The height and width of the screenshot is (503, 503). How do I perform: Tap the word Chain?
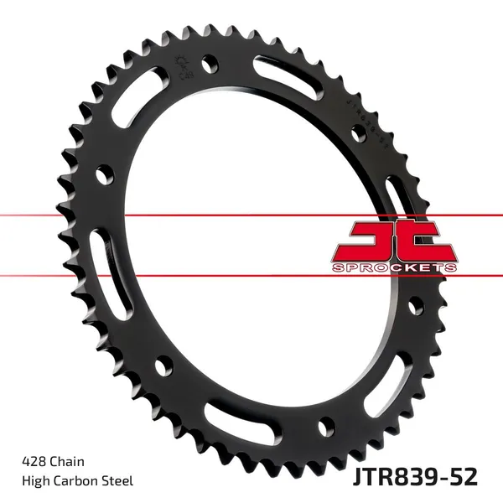point(66,461)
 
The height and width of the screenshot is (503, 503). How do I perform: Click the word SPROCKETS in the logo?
point(394,267)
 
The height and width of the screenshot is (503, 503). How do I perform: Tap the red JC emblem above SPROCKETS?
point(394,239)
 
